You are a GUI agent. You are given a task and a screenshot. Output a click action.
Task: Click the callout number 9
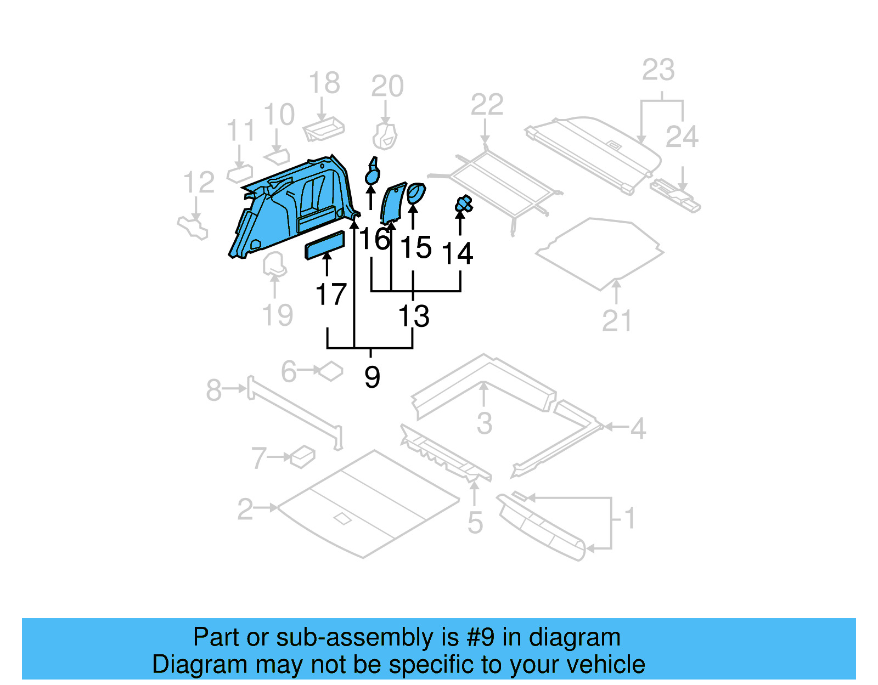(372, 377)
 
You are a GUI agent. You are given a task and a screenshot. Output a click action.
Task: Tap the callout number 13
(413, 316)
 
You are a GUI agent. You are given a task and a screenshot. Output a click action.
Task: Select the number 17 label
(331, 295)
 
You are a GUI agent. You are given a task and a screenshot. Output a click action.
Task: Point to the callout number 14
(457, 253)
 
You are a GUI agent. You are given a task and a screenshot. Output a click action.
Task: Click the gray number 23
(658, 70)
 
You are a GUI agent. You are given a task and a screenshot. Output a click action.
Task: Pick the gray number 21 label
(617, 321)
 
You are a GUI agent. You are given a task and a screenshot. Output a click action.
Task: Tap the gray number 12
(199, 183)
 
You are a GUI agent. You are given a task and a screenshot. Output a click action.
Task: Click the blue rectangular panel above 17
(325, 245)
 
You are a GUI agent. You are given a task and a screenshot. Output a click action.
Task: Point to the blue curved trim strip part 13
(393, 204)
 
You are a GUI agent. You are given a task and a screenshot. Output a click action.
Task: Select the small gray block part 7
(303, 456)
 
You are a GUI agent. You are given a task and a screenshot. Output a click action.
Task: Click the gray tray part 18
(324, 129)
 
